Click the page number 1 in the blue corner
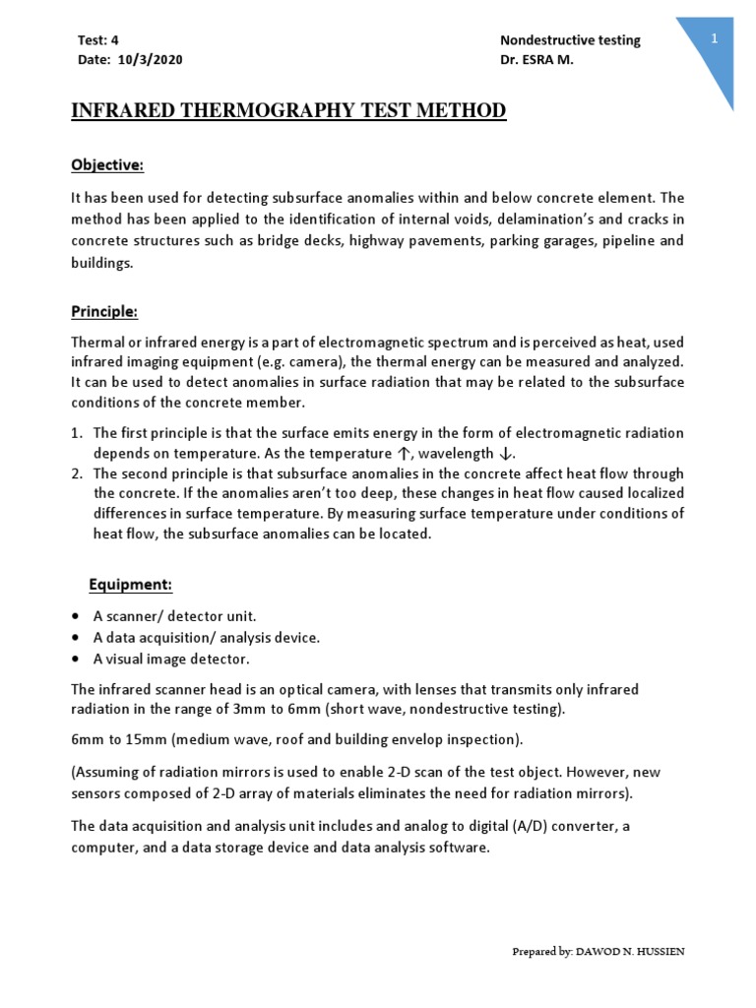(x=716, y=37)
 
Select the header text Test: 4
(x=97, y=40)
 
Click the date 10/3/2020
(x=150, y=59)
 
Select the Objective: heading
(x=107, y=163)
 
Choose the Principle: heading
(x=104, y=312)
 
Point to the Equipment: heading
(x=130, y=585)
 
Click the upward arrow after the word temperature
(x=402, y=453)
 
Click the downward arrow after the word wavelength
(x=504, y=453)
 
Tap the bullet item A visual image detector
(x=171, y=659)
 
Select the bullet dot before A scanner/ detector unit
(x=76, y=616)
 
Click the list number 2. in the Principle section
(x=77, y=472)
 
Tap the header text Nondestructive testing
(x=570, y=40)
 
